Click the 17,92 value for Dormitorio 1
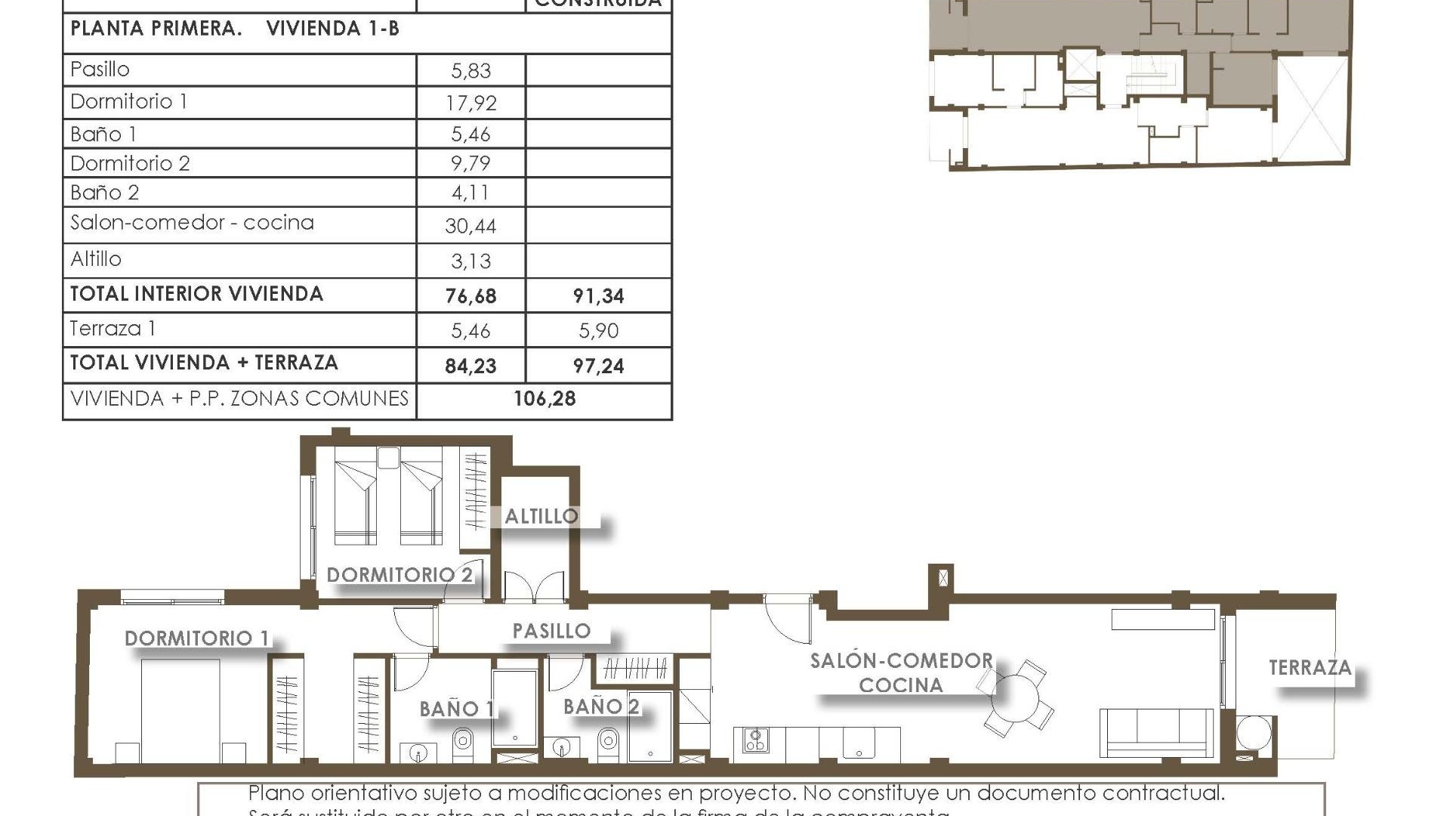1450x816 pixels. (470, 103)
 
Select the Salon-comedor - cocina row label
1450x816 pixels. (192, 223)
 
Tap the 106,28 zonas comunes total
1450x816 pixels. (545, 399)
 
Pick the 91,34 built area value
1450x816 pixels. (598, 296)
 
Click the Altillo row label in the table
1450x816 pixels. (96, 259)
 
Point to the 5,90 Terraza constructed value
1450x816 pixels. (598, 331)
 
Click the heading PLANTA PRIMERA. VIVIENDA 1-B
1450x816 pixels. (235, 29)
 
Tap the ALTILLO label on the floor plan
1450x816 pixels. (541, 517)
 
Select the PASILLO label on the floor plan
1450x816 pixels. (551, 631)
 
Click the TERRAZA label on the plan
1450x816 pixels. (1310, 668)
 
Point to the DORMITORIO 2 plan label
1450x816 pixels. (400, 575)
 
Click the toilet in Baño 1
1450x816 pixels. (463, 742)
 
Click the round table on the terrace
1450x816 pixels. (1254, 734)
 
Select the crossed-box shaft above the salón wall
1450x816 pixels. (942, 578)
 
